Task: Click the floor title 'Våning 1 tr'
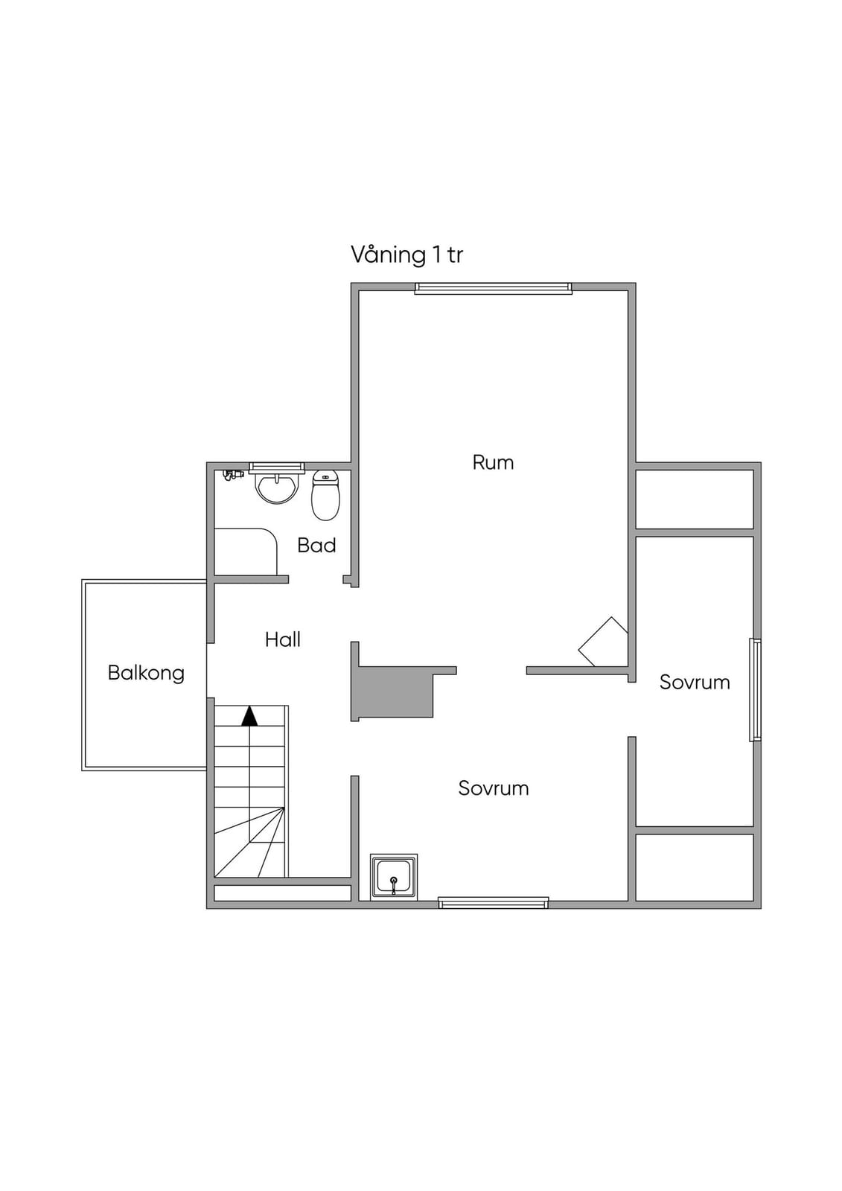[x=406, y=255]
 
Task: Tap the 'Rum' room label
[x=493, y=462]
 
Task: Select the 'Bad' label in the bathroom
[x=316, y=546]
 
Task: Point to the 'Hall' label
[x=283, y=639]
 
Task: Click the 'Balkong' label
[x=146, y=673]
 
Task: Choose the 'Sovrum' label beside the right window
[x=695, y=682]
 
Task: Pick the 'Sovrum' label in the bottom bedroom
[x=494, y=788]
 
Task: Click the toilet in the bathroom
[x=325, y=495]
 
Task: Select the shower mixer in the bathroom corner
[x=232, y=474]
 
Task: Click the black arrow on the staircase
[x=249, y=717]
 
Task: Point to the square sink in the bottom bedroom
[x=394, y=878]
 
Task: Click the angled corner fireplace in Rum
[x=603, y=641]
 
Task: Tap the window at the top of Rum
[x=493, y=288]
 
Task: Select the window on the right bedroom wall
[x=756, y=689]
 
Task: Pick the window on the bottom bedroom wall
[x=493, y=902]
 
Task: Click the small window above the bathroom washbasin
[x=277, y=467]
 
